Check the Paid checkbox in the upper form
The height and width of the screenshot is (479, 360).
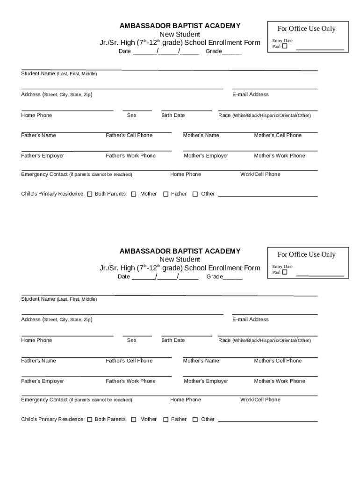point(284,47)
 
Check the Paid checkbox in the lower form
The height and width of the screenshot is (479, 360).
point(284,272)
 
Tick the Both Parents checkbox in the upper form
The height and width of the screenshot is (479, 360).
point(89,194)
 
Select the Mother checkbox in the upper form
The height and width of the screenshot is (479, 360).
point(134,194)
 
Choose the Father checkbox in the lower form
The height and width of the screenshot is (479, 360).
point(166,420)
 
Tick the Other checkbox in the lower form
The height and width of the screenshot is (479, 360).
point(195,420)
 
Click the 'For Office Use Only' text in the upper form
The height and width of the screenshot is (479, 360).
point(306,29)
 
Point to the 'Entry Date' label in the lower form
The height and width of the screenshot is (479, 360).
point(282,267)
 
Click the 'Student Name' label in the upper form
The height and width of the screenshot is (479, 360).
point(38,74)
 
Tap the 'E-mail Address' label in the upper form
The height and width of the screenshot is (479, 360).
point(250,94)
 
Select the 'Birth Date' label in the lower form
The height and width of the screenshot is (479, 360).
point(173,341)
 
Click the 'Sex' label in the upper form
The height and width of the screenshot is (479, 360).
point(132,116)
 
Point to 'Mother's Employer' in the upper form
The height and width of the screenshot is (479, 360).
point(206,156)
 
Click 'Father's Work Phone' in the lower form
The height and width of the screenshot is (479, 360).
point(130,381)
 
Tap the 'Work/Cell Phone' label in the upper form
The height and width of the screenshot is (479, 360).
point(260,174)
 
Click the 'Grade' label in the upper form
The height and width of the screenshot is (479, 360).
point(214,51)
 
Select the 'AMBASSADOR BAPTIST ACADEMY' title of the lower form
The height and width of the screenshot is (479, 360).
point(180,251)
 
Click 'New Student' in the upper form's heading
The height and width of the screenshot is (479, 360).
point(180,35)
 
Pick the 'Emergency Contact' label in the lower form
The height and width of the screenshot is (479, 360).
point(44,400)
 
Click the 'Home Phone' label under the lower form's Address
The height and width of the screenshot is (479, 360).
point(36,341)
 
